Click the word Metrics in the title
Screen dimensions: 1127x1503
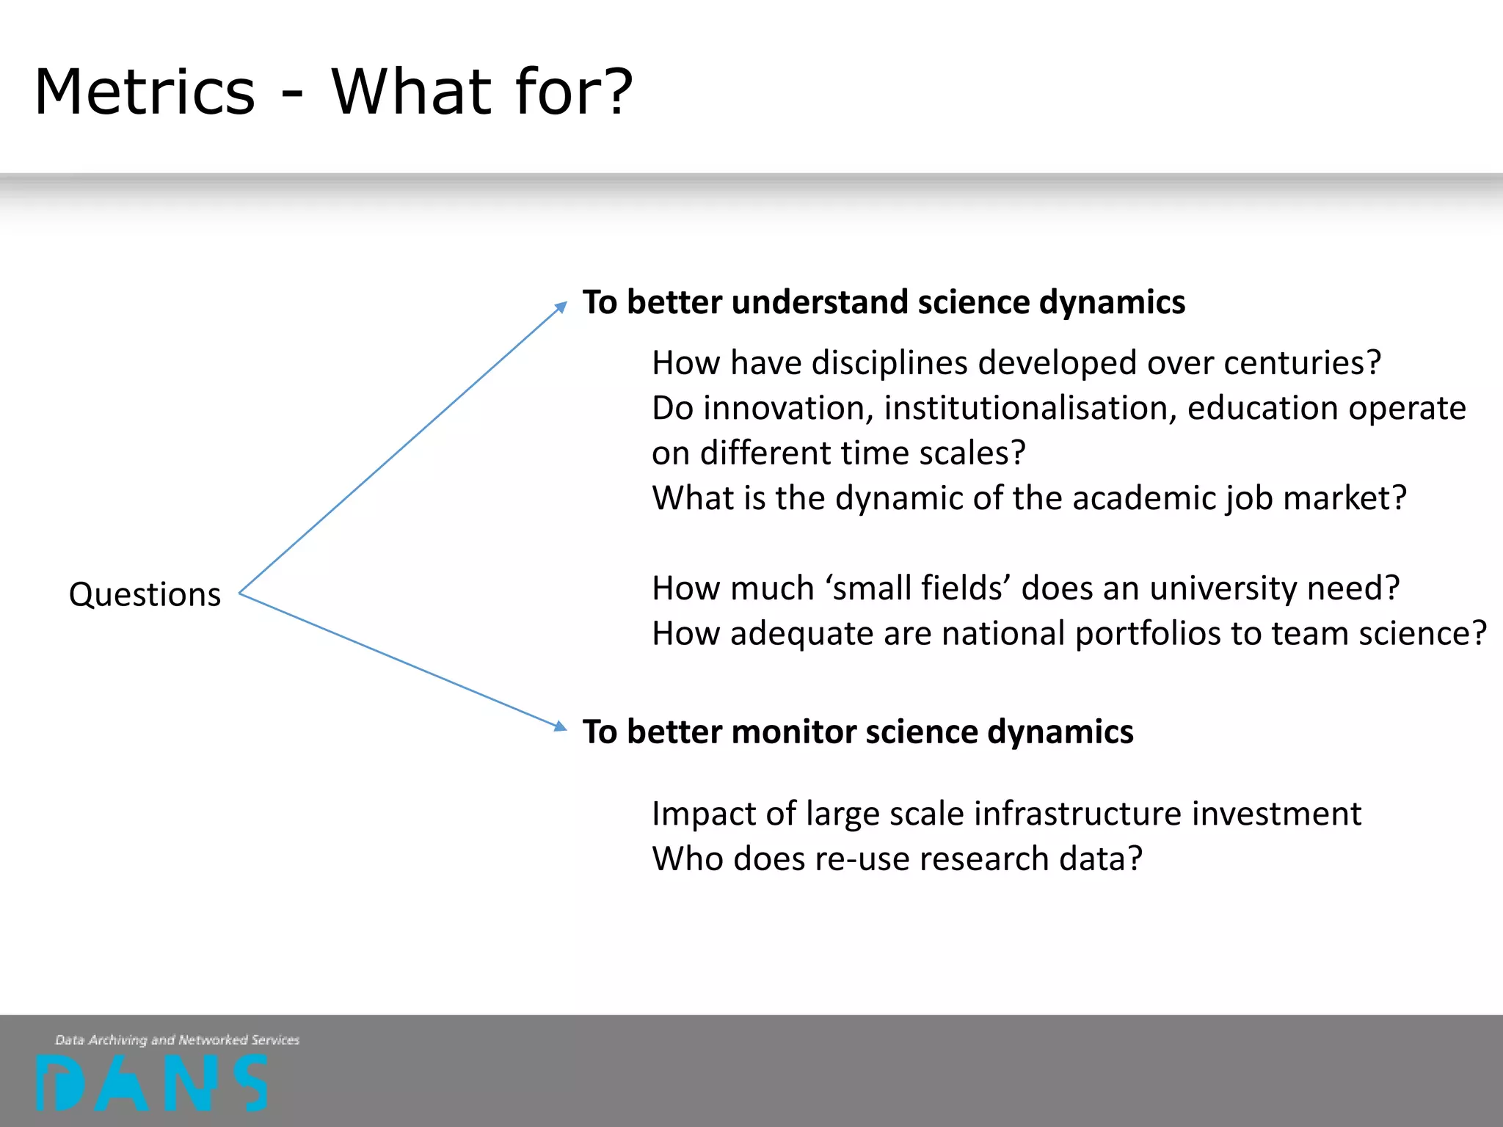[145, 92]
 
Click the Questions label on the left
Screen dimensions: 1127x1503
[145, 594]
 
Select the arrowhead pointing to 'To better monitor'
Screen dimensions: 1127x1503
[561, 726]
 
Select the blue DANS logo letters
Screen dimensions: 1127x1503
[152, 1083]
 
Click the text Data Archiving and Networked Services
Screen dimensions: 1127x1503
[177, 1040]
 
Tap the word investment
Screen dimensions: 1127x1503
[1276, 814]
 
